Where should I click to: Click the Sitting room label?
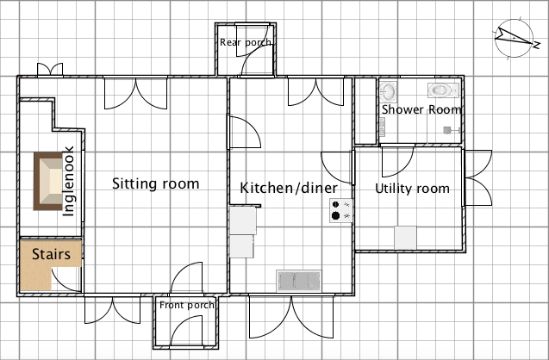155,183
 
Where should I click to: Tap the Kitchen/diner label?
289,188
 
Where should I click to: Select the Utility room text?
412,189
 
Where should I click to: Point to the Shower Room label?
421,109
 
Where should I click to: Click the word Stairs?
51,254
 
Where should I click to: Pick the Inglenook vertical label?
68,181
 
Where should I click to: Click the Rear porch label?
246,43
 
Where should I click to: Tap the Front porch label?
187,305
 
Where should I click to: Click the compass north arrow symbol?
515,38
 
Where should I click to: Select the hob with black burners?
340,210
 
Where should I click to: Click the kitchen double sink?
299,281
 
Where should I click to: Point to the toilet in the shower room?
443,90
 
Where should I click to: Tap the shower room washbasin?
388,91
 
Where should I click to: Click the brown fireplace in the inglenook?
48,181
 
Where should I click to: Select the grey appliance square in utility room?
405,238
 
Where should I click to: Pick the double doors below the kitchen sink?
291,317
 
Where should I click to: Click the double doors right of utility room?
478,177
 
